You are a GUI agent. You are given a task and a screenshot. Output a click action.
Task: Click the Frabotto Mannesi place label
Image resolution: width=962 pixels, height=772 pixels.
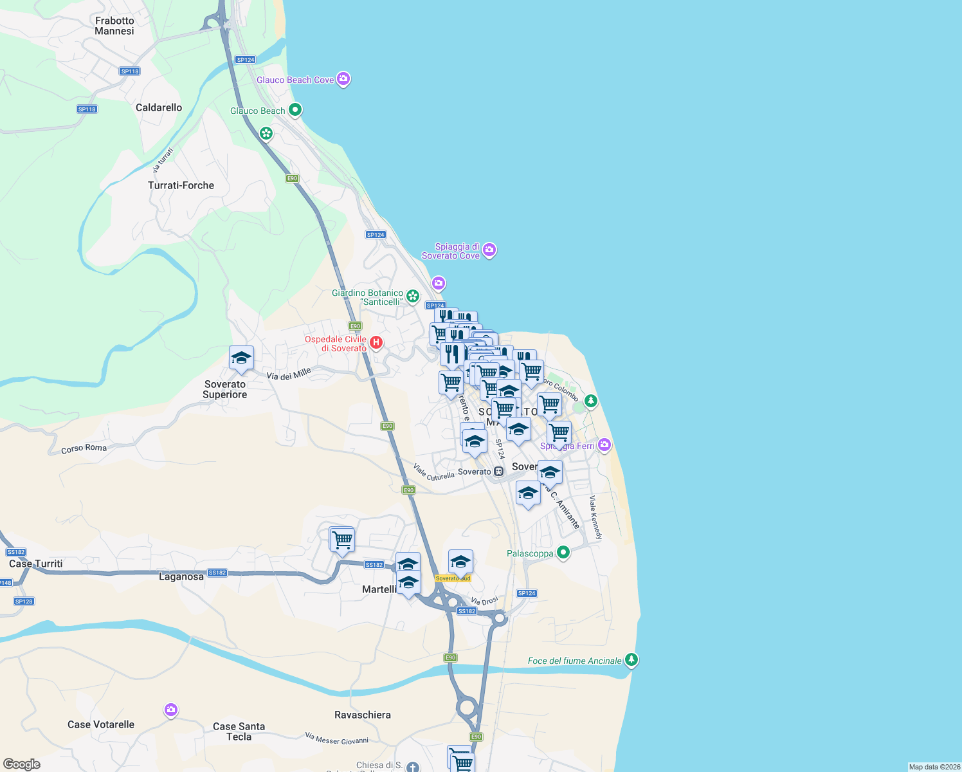click(114, 26)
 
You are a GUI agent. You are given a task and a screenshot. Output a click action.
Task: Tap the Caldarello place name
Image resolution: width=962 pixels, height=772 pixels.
click(159, 107)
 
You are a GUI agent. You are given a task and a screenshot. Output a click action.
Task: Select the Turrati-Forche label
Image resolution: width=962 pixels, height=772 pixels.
click(181, 185)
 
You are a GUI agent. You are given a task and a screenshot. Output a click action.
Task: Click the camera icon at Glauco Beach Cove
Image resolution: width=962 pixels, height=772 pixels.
click(343, 79)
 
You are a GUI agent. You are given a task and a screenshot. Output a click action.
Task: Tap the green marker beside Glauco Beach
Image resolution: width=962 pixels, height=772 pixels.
click(295, 110)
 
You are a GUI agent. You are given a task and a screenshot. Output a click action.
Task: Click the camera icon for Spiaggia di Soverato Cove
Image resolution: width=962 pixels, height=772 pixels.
click(489, 250)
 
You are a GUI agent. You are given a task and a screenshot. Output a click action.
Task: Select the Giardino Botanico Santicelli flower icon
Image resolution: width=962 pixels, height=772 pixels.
click(413, 297)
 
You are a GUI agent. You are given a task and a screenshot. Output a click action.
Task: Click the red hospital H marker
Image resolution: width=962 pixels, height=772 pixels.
click(376, 343)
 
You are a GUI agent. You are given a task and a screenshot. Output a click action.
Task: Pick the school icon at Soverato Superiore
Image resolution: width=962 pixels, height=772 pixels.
click(241, 358)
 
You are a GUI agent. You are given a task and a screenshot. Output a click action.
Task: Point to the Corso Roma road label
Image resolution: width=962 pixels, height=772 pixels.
click(84, 448)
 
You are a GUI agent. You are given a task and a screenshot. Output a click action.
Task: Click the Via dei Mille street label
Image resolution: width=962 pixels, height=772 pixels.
click(289, 374)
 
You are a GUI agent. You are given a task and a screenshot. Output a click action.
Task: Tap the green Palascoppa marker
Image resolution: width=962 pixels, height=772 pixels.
click(563, 552)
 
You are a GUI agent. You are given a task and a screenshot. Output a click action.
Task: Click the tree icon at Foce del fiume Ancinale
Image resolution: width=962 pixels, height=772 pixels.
click(631, 659)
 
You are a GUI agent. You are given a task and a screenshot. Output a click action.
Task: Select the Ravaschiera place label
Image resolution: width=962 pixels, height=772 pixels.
click(363, 715)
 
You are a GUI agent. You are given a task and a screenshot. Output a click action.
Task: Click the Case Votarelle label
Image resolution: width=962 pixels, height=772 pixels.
click(101, 724)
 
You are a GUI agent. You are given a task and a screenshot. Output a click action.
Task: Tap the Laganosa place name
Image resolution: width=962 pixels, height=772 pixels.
click(181, 576)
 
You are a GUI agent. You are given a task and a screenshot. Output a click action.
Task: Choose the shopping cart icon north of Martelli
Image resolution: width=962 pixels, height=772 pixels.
click(342, 540)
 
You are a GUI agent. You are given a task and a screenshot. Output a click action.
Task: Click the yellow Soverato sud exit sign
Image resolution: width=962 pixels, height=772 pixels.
click(453, 578)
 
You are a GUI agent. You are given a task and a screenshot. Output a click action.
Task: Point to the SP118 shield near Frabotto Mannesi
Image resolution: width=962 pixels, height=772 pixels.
click(130, 71)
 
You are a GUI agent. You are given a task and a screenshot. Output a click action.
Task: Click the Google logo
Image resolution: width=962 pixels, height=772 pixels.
click(22, 764)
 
